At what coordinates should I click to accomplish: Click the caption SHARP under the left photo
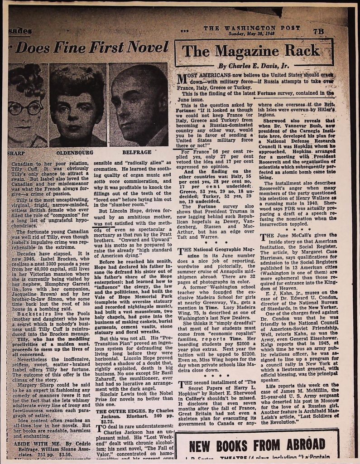pyautogui.click(x=16, y=153)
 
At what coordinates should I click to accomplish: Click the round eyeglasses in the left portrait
pyautogui.click(x=25, y=108)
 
